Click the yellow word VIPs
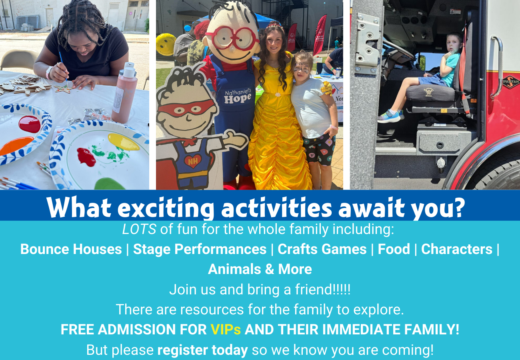tap(226, 329)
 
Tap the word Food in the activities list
tap(394, 249)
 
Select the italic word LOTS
tap(139, 229)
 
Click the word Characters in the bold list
tap(457, 249)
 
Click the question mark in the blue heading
tap(458, 208)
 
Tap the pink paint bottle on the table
tap(124, 93)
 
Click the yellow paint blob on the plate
tap(124, 142)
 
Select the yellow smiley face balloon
tap(166, 44)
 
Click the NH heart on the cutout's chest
tap(193, 161)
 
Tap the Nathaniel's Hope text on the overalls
tap(238, 96)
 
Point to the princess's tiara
tap(275, 26)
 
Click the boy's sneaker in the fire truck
tap(390, 116)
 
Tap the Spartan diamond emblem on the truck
tap(511, 82)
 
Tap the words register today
tap(203, 350)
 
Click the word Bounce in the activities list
tap(44, 249)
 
